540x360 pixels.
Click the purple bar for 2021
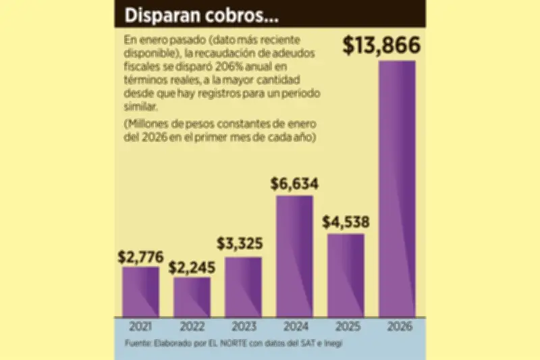pos(140,292)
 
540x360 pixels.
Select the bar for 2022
pos(192,297)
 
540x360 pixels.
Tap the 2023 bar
pos(243,287)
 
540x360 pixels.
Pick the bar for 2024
pos(294,257)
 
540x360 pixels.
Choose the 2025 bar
pos(346,276)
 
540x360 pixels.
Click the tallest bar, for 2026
pos(397,189)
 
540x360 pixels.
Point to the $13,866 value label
pos(381,45)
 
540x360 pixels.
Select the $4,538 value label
pos(346,222)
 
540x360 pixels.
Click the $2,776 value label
pos(140,256)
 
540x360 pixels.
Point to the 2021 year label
pos(140,327)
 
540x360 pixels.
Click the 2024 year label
pos(294,327)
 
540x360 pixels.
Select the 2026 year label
pos(397,327)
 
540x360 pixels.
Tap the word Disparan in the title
pos(157,14)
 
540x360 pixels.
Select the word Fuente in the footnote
pos(138,344)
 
